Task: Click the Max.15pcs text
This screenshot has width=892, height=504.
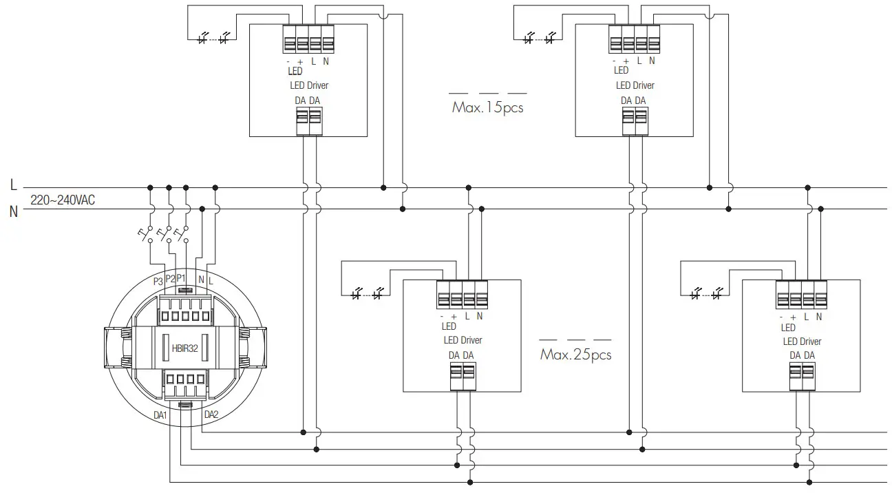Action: click(x=487, y=108)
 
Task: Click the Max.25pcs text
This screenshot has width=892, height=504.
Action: click(x=575, y=355)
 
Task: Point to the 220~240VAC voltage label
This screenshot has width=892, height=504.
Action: click(x=63, y=200)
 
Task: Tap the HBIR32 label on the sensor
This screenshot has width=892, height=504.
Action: click(x=184, y=348)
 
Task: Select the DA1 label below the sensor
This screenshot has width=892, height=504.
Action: click(x=160, y=415)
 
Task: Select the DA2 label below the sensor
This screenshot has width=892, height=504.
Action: click(x=211, y=414)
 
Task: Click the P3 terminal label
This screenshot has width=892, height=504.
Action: click(x=158, y=281)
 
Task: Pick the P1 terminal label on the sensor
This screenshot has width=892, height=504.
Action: click(x=181, y=277)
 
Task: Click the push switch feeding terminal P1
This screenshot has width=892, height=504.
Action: click(x=182, y=234)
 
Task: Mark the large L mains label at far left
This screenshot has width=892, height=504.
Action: click(x=13, y=185)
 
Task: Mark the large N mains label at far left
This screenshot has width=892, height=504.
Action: click(x=13, y=211)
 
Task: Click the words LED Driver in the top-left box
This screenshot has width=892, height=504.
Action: click(x=308, y=85)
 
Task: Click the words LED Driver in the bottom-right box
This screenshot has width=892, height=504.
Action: click(x=801, y=341)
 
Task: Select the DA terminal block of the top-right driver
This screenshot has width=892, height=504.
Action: click(x=634, y=122)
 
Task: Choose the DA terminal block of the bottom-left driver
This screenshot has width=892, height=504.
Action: click(x=463, y=377)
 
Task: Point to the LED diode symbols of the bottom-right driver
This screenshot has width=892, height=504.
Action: click(x=706, y=295)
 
